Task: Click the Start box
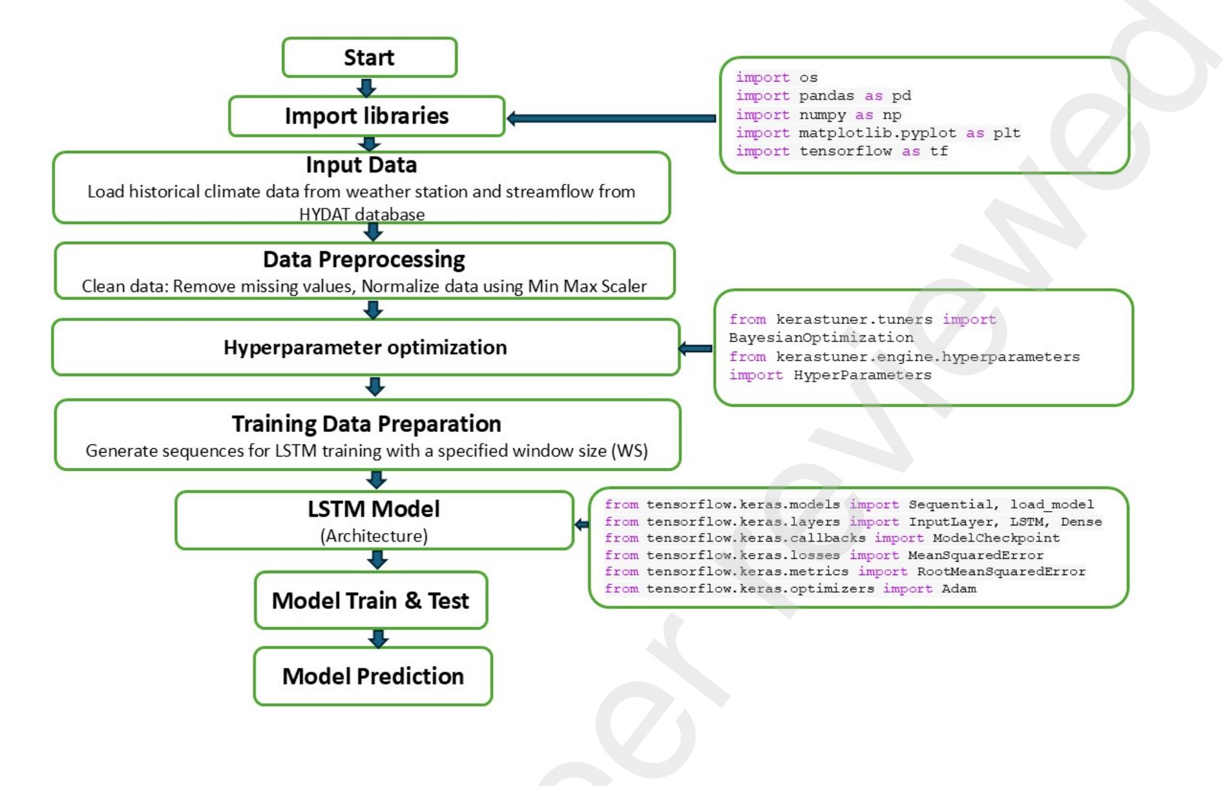(x=369, y=58)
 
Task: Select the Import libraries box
(x=367, y=116)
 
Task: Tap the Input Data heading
(x=362, y=165)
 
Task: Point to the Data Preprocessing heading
(x=364, y=259)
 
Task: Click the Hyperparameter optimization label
(x=365, y=347)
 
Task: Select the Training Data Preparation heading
(x=367, y=424)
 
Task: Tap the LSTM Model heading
(x=374, y=509)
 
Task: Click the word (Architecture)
(x=374, y=536)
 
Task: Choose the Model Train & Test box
(x=370, y=601)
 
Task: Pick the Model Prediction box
(x=373, y=676)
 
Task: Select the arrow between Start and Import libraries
(x=367, y=87)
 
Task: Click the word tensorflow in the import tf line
(x=845, y=151)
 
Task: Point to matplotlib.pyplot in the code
(x=877, y=133)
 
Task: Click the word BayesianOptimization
(x=821, y=338)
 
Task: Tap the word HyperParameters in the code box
(x=862, y=375)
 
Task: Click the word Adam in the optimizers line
(x=959, y=589)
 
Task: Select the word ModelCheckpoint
(x=996, y=538)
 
